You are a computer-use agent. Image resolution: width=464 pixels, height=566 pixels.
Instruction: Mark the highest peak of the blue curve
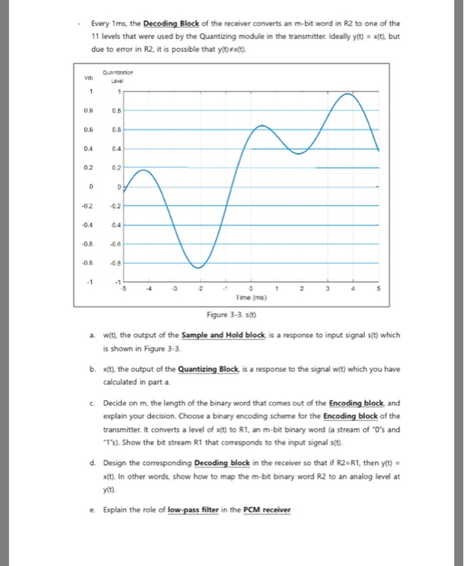[348, 95]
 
